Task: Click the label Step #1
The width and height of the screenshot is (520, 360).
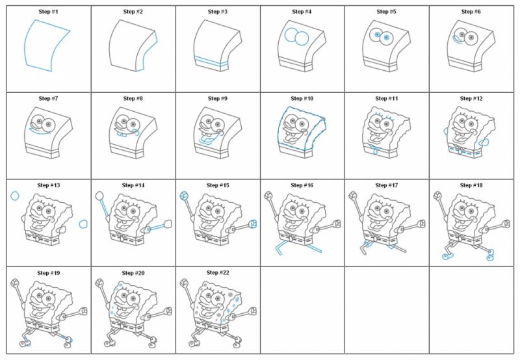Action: pos(45,12)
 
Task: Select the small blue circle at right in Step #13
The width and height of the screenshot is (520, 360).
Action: pos(83,224)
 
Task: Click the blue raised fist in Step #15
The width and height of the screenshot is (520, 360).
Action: pos(184,195)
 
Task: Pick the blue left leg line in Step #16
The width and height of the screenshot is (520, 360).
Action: pos(278,246)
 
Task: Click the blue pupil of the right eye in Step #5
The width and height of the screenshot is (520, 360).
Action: pos(387,38)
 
